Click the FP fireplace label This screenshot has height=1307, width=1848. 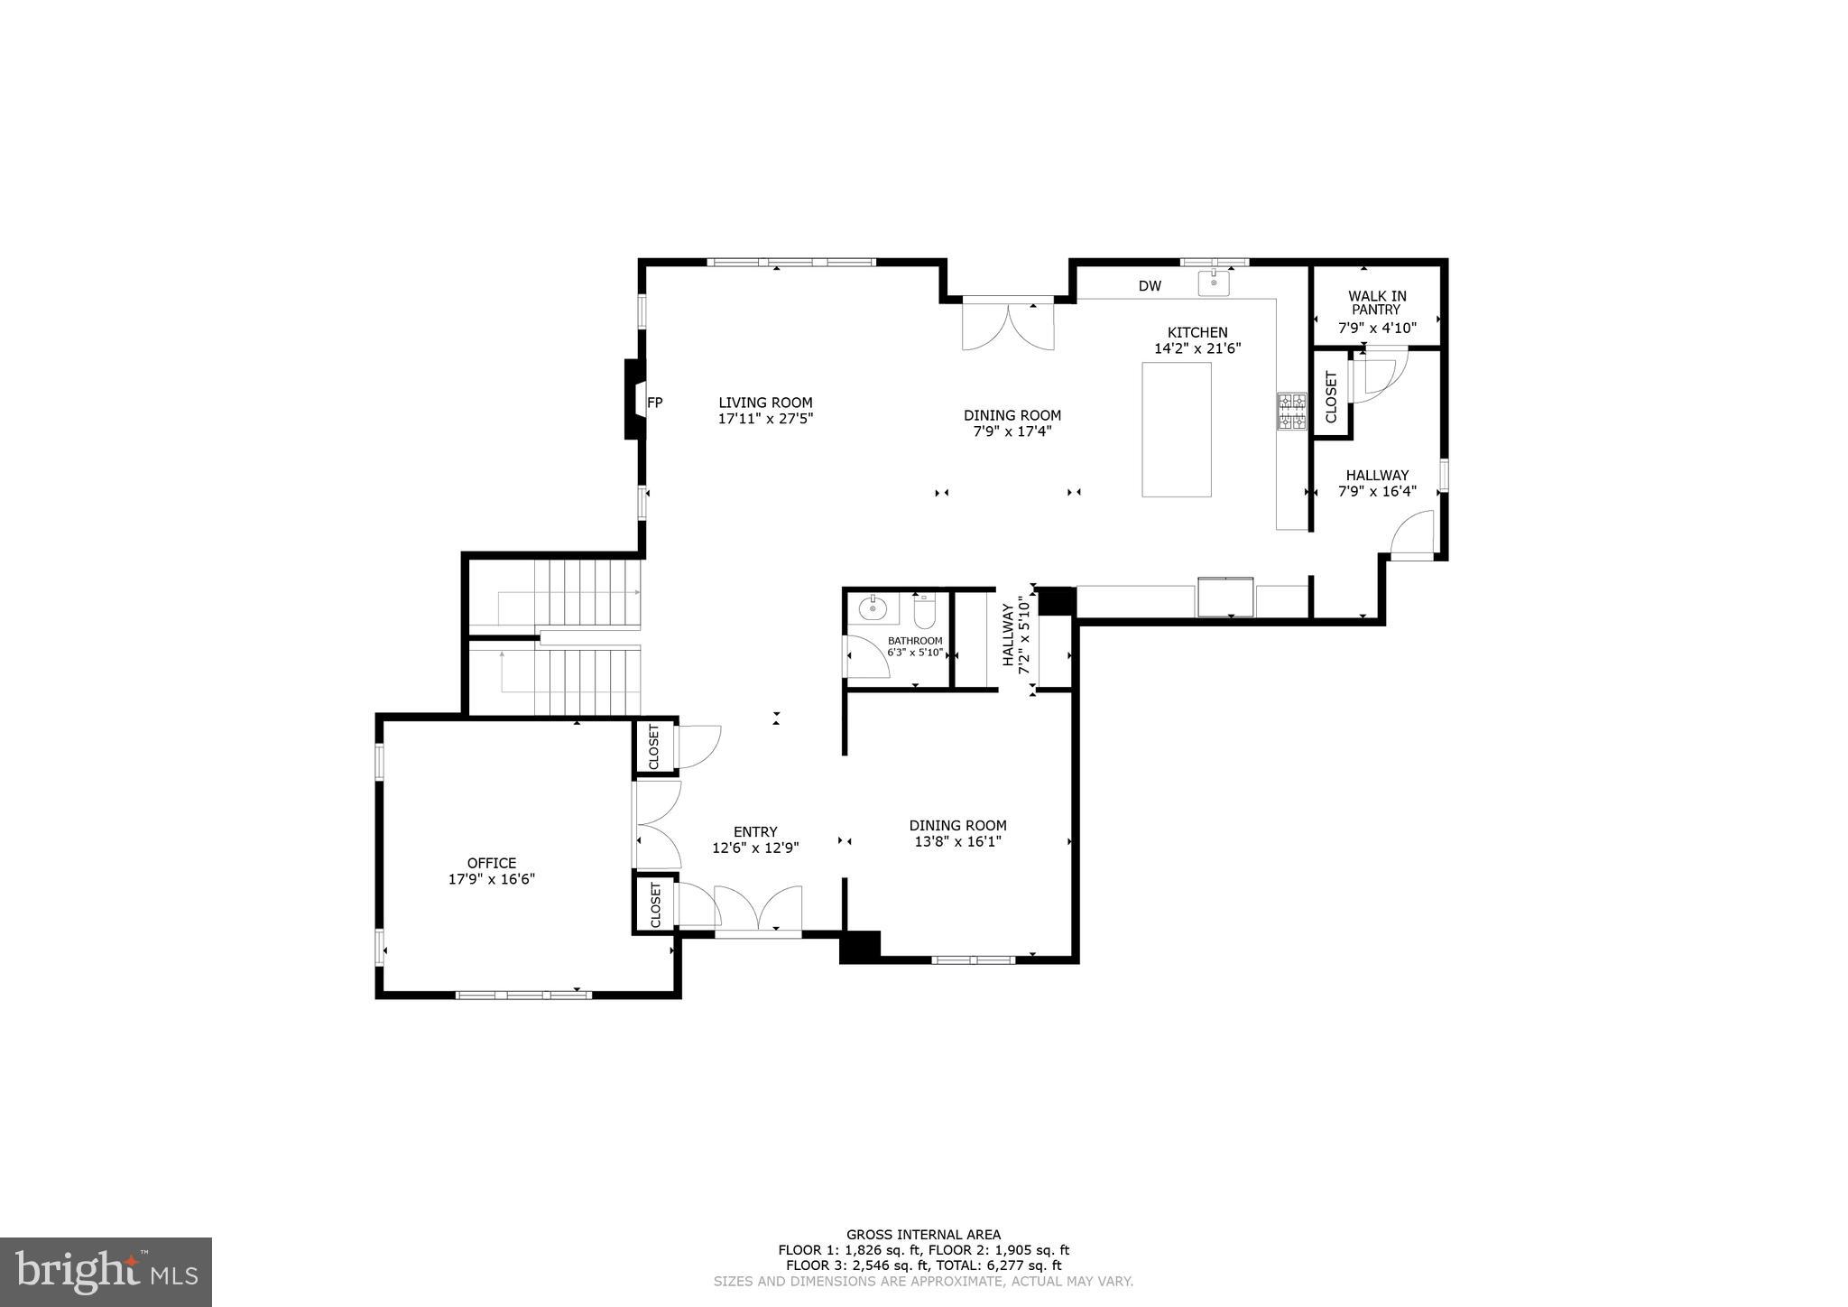click(x=655, y=403)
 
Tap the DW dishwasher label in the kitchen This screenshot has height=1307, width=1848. click(x=1150, y=286)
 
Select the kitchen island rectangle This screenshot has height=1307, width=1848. click(x=1177, y=430)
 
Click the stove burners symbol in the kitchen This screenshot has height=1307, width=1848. click(x=1291, y=411)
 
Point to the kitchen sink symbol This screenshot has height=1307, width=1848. click(x=1215, y=283)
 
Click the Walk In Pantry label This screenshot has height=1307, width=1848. click(x=1377, y=302)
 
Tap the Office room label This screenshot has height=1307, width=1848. click(x=492, y=863)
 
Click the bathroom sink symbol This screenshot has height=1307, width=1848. click(x=873, y=609)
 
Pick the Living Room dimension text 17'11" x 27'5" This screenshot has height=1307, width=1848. click(x=765, y=419)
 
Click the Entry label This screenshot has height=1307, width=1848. click(x=755, y=832)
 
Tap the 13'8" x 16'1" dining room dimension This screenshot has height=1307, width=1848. click(x=957, y=841)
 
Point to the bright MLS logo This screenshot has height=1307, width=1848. click(x=106, y=1272)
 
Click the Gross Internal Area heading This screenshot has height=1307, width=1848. click(x=923, y=1235)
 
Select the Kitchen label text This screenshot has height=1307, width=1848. click(x=1197, y=332)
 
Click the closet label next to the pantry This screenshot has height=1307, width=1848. click(x=1331, y=397)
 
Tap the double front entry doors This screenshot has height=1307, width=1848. click(x=758, y=908)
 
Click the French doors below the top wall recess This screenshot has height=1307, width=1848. click(x=1008, y=326)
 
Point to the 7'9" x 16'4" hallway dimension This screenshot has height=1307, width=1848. click(x=1377, y=492)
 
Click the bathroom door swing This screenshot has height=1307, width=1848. click(x=865, y=656)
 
